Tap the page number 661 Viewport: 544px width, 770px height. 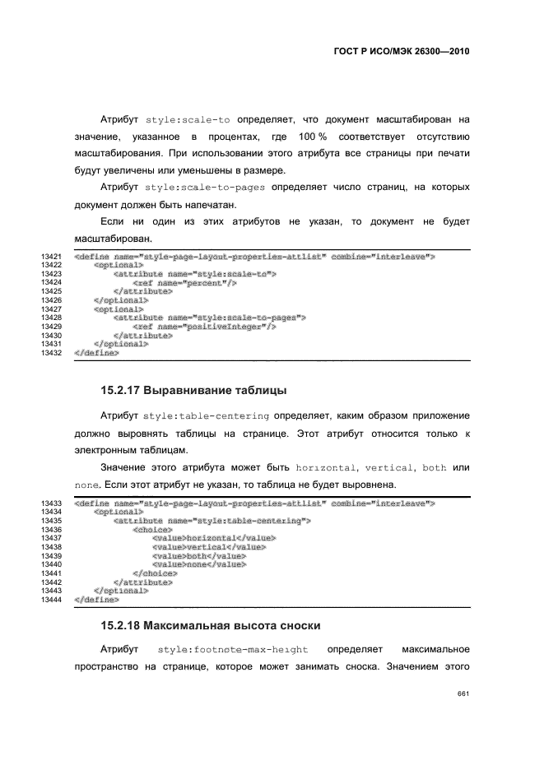(x=463, y=693)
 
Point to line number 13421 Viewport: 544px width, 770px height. (x=52, y=257)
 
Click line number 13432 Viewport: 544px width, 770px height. (x=52, y=353)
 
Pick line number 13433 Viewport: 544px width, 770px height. (x=52, y=503)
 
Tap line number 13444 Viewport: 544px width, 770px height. (x=52, y=601)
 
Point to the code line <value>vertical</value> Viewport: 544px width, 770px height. (x=209, y=546)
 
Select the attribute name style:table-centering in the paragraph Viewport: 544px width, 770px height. (x=206, y=415)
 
